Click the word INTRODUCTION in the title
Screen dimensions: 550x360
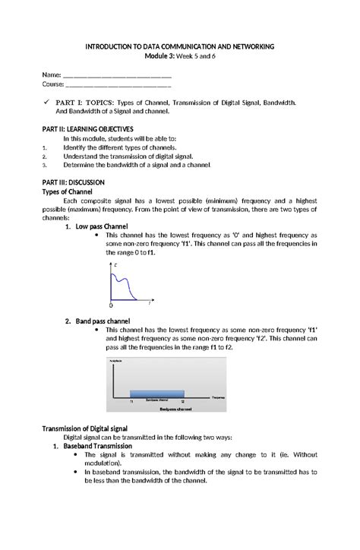coord(111,47)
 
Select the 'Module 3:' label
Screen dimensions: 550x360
coord(160,58)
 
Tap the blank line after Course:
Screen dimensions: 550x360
coord(118,86)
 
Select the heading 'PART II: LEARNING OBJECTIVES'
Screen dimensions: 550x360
coord(87,129)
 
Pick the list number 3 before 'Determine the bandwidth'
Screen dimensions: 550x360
coord(46,164)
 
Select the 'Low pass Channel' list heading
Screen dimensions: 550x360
coord(102,227)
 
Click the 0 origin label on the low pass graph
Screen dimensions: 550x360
coord(112,305)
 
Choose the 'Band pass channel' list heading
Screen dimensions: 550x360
coord(103,321)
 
